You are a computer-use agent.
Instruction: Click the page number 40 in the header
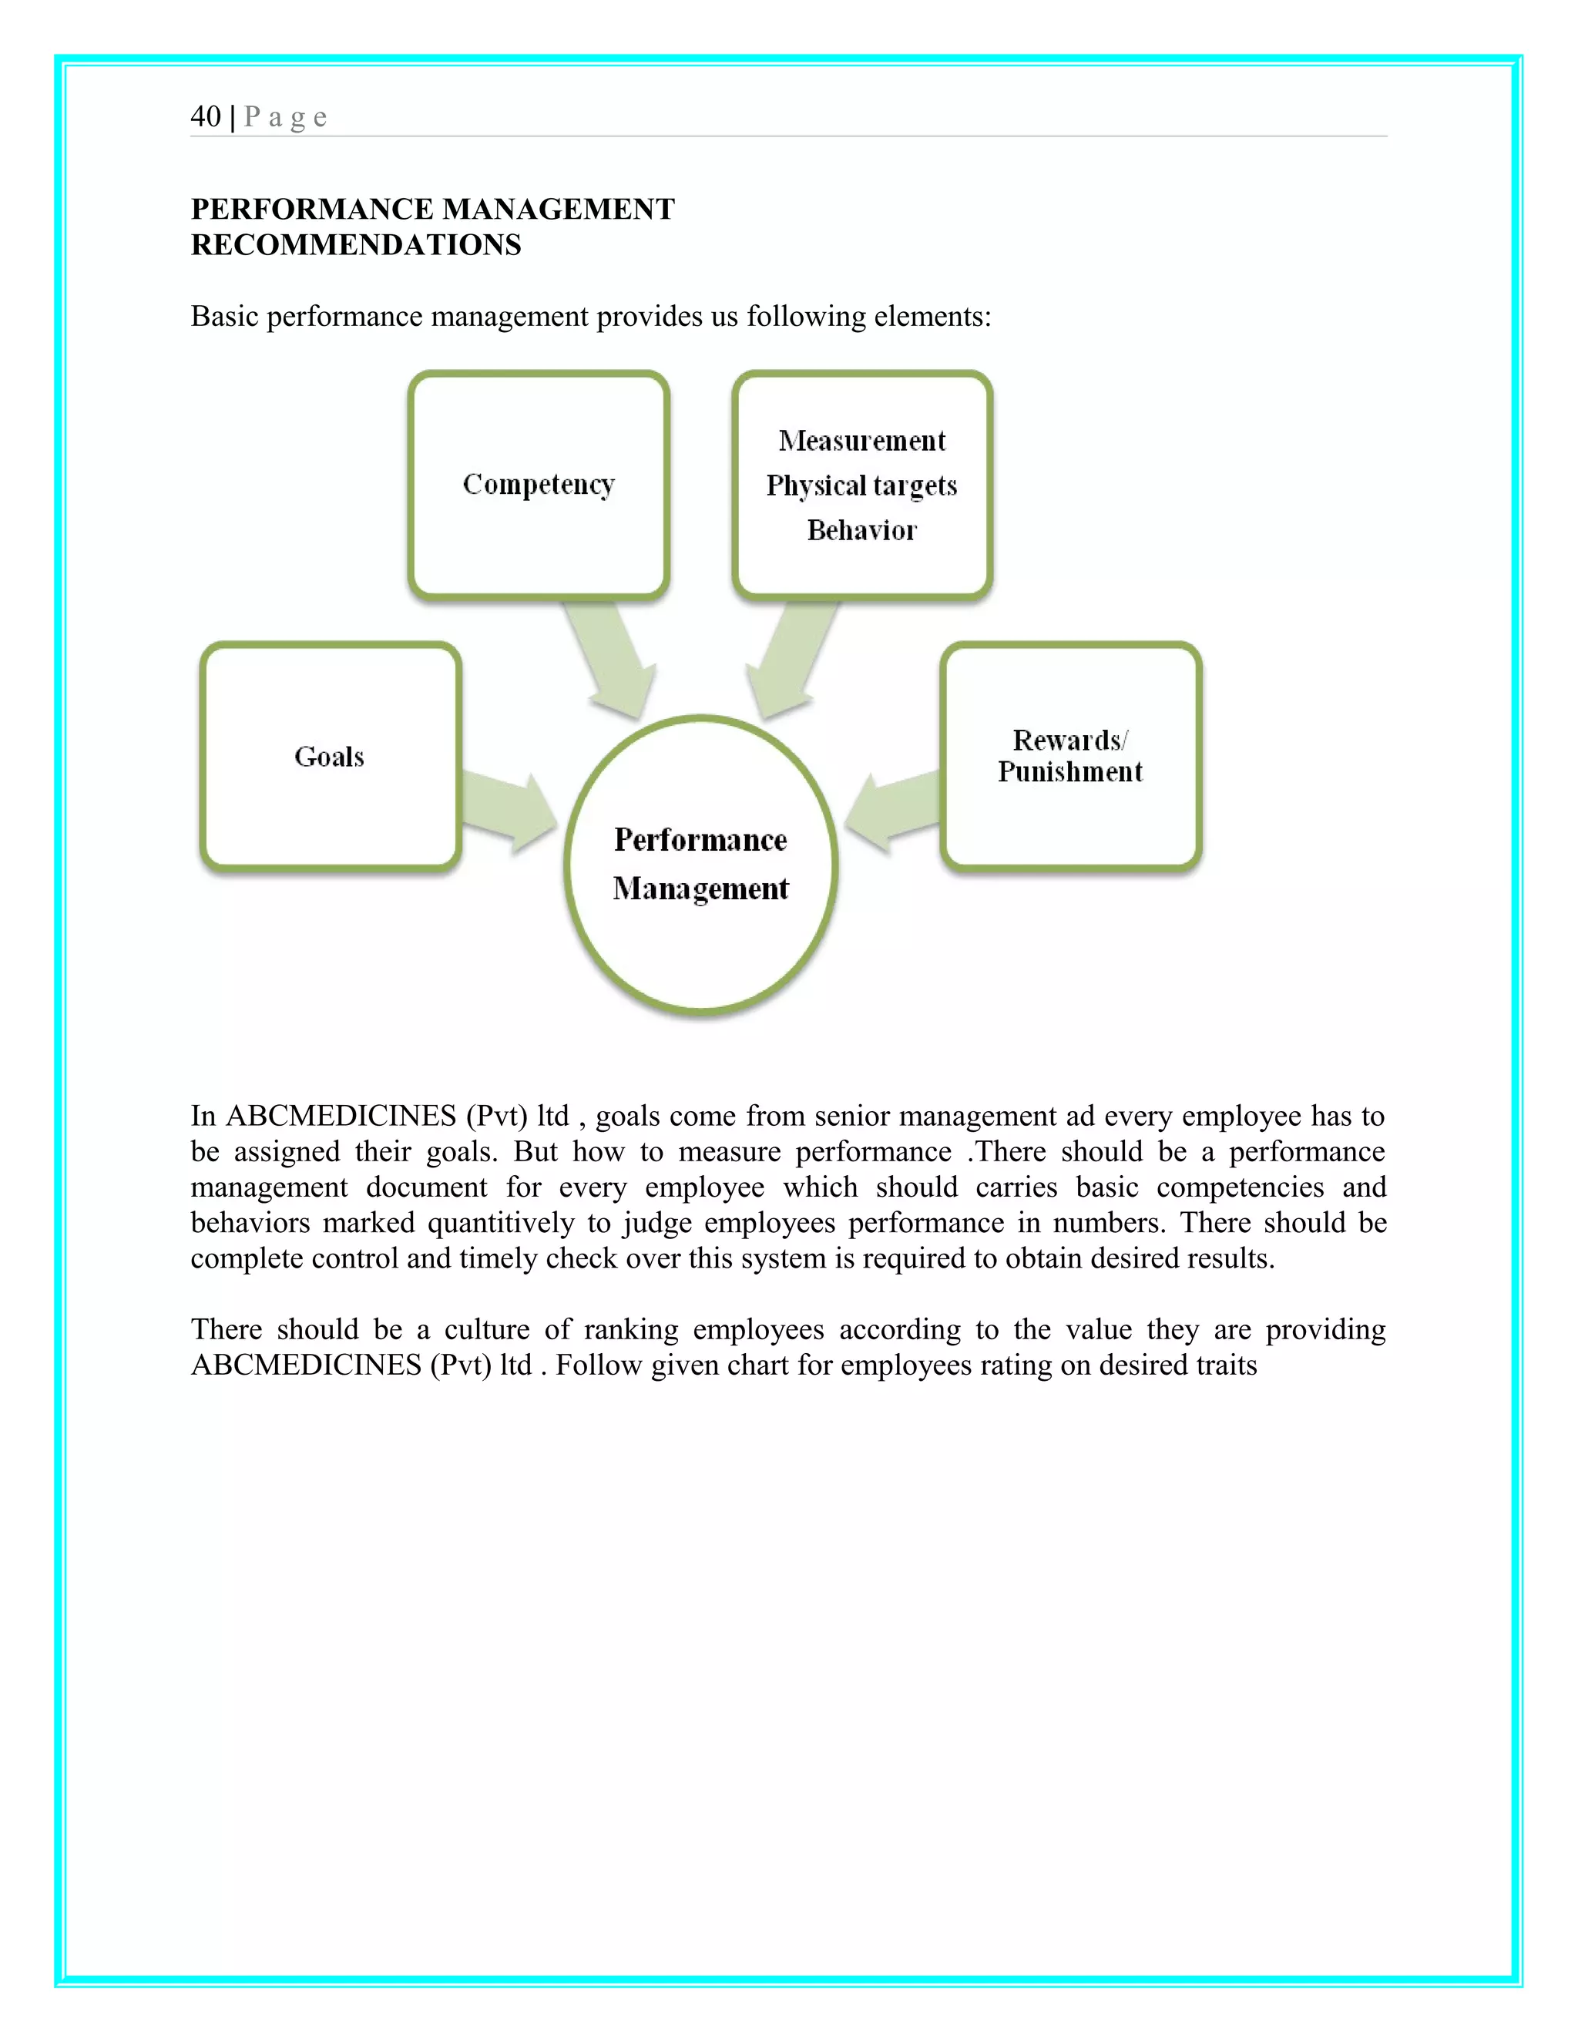[x=206, y=117]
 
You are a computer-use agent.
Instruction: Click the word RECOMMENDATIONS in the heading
[x=355, y=245]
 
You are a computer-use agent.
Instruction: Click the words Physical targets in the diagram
[x=862, y=485]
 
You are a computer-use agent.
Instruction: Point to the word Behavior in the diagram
[x=862, y=530]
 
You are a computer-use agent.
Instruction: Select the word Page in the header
[x=285, y=117]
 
